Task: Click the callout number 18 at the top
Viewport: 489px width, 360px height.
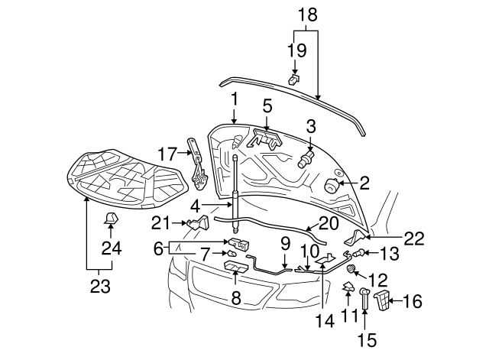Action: [x=306, y=15]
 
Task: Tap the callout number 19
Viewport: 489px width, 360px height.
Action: [x=296, y=51]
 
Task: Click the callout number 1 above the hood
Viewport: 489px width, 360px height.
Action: [x=235, y=99]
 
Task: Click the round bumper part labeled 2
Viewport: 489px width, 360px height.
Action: [x=332, y=186]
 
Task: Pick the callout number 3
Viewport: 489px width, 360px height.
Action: [x=311, y=126]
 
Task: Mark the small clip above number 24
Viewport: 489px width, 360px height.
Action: [x=111, y=219]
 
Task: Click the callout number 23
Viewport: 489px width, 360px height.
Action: [x=99, y=287]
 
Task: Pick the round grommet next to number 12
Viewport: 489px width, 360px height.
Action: [x=350, y=270]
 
